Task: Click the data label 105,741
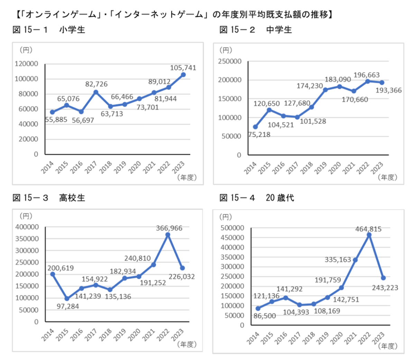[183, 68]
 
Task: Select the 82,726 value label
[96, 84]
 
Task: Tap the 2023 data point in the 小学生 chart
[183, 75]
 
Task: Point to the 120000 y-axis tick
[27, 64]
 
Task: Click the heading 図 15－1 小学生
[49, 30]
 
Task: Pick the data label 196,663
[367, 75]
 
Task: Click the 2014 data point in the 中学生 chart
[255, 127]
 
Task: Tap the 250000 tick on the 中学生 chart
[230, 61]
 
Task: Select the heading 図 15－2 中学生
[256, 30]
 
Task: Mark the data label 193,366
[389, 90]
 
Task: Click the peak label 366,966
[169, 228]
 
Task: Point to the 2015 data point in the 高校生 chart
[67, 299]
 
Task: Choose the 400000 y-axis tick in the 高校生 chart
[27, 227]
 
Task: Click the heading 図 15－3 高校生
[49, 198]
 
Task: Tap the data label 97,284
[68, 306]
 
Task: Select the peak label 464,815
[368, 229]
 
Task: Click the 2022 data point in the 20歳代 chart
[369, 235]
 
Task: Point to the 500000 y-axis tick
[232, 228]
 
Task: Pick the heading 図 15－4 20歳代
[257, 198]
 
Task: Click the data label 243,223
[385, 287]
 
